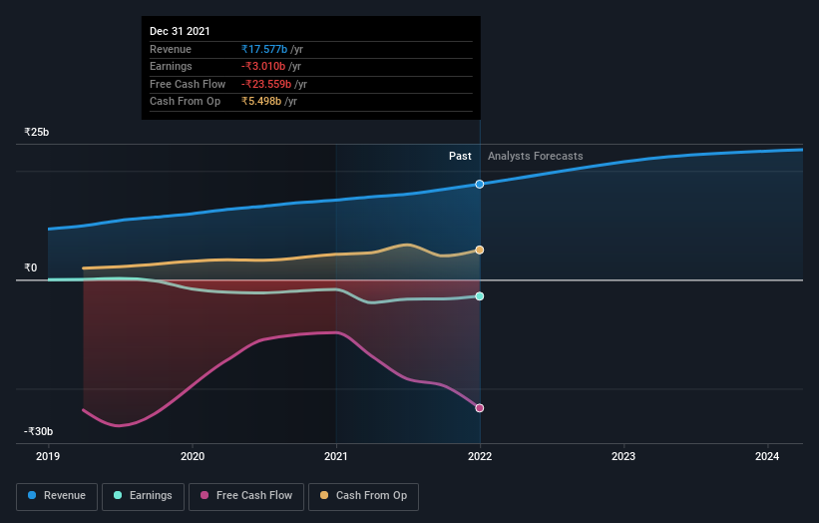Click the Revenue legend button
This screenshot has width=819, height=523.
point(57,495)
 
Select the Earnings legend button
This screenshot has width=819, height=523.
point(144,495)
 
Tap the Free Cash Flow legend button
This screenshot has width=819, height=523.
point(246,495)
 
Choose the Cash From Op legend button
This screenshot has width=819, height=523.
point(364,495)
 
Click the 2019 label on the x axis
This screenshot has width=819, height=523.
point(49,457)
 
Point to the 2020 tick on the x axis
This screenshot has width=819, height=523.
point(193,457)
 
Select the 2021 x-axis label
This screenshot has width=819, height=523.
point(336,457)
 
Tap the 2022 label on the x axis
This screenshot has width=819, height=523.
point(480,457)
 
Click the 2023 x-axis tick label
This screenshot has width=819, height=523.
point(623,457)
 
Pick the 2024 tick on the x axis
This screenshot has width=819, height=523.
point(767,457)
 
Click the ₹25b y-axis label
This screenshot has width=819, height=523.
point(37,132)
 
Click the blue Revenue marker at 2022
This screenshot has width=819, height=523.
point(480,184)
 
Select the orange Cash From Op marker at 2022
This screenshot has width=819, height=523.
point(480,250)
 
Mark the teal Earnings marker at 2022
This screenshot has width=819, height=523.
point(480,296)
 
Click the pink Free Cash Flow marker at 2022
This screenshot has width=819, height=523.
point(480,408)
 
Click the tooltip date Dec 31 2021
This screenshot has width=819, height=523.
point(181,32)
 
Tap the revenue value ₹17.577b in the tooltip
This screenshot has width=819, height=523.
point(264,49)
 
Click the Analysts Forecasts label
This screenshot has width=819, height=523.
point(535,156)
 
